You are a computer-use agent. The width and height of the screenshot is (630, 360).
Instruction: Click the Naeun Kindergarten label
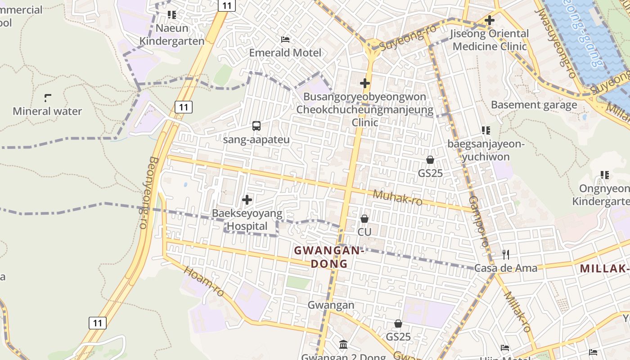[x=171, y=34]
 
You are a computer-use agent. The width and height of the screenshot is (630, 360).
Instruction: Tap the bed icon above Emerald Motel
[x=285, y=40]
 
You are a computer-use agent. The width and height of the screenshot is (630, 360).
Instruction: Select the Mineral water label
[x=47, y=111]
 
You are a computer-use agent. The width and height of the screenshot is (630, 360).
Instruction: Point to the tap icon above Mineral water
[x=48, y=98]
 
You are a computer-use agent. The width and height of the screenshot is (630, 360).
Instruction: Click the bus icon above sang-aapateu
[x=256, y=126]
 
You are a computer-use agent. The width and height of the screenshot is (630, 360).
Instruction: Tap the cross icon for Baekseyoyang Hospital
[x=247, y=200]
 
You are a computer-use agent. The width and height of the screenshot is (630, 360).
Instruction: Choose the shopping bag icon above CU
[x=364, y=219]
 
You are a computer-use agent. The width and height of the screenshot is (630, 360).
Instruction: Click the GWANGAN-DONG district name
[x=329, y=257]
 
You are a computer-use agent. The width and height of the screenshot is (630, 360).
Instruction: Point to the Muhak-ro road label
[x=398, y=198]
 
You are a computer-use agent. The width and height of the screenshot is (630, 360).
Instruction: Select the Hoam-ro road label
[x=204, y=281]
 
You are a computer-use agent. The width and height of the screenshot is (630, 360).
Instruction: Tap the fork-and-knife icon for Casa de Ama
[x=506, y=255]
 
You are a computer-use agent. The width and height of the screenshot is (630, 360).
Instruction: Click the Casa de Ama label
[x=506, y=268]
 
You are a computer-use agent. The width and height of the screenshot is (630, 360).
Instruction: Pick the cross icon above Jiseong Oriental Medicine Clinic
[x=490, y=20]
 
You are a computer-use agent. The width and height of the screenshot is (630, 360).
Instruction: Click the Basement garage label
[x=534, y=105]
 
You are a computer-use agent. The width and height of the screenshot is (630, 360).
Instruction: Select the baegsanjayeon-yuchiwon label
[x=486, y=150]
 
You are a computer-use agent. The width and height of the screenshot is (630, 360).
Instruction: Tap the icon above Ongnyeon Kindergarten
[x=605, y=175]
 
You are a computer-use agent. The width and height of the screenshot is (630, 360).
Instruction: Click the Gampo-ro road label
[x=478, y=220]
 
